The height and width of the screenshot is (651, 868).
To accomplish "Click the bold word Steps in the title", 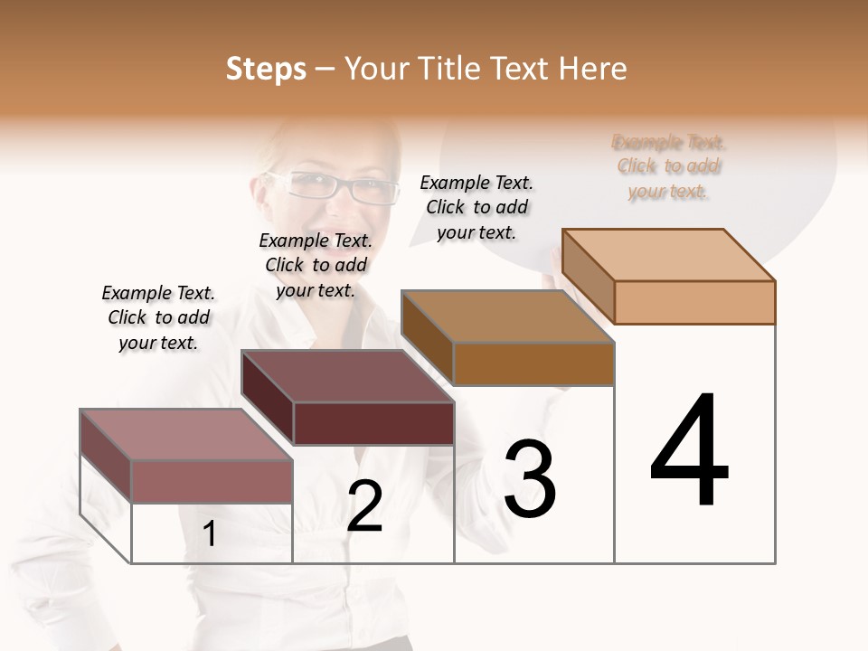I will tap(266, 69).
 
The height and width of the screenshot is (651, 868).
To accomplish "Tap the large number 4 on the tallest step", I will tap(689, 452).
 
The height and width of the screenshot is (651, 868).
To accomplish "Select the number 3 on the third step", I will tap(530, 479).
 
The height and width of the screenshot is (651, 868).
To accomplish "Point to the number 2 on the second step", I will tap(364, 506).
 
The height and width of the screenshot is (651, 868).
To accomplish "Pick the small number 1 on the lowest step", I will tap(210, 534).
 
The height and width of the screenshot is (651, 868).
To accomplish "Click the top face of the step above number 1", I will tap(185, 434).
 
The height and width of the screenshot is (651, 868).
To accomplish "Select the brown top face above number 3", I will tap(507, 316).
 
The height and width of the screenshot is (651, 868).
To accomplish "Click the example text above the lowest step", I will tap(159, 317).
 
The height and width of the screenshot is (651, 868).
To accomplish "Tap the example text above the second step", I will tap(316, 265).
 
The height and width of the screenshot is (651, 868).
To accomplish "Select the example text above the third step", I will tap(476, 207).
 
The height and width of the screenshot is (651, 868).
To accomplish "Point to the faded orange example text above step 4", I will tap(669, 166).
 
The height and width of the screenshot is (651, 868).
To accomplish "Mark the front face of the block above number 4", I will tap(694, 302).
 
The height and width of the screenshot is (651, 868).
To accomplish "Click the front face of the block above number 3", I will tap(533, 363).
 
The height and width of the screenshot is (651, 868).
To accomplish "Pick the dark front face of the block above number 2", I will tap(373, 423).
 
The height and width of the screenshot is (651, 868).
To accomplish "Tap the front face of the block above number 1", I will tap(212, 481).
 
